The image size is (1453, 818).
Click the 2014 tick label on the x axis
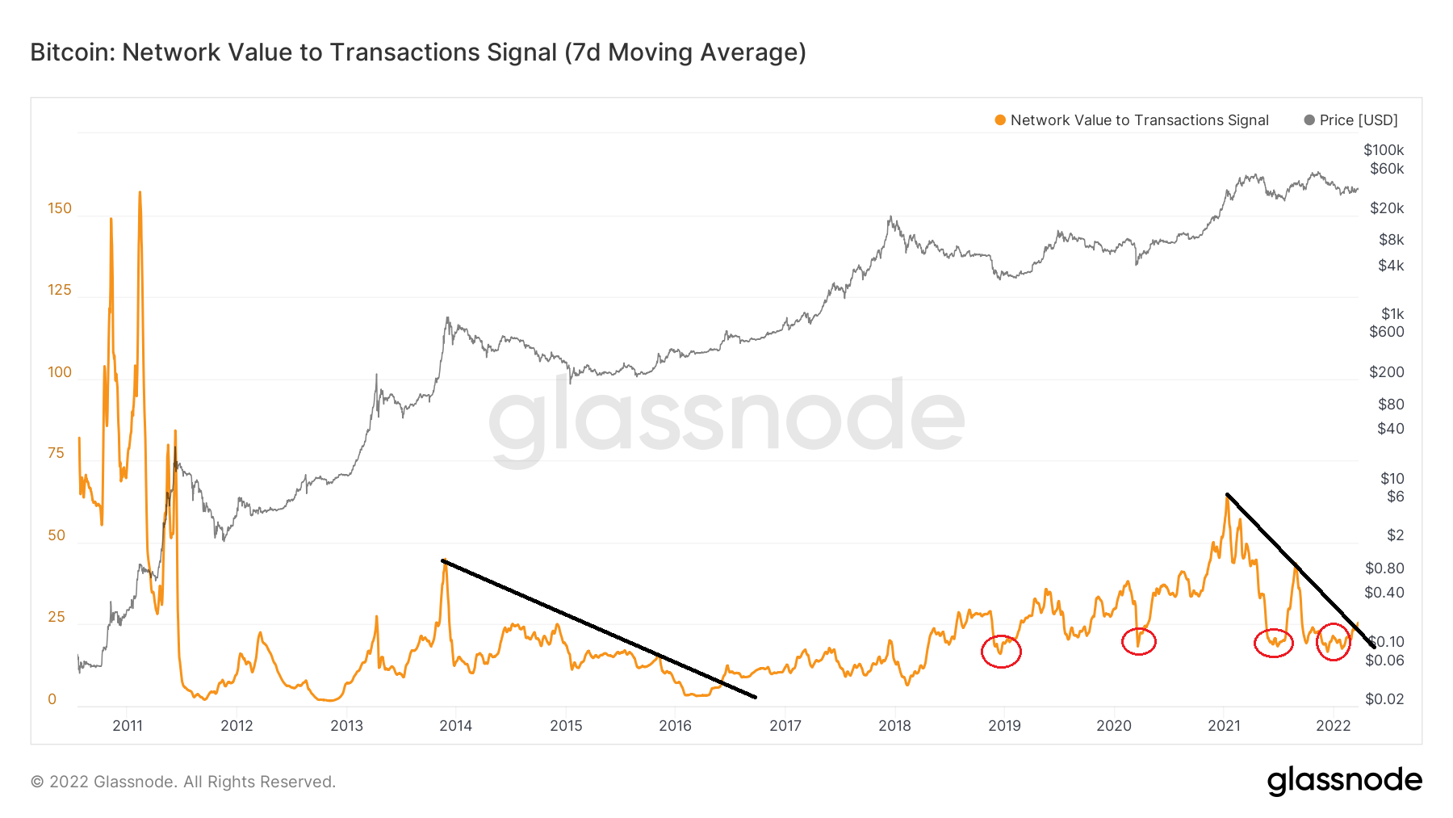[455, 725]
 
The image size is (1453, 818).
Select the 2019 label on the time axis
[1004, 725]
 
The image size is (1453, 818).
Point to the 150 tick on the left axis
[60, 208]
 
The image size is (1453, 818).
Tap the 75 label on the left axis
[56, 453]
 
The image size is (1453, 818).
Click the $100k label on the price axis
[1384, 150]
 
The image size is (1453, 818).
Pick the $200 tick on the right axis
[1387, 372]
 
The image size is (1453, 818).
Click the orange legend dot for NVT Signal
[1000, 120]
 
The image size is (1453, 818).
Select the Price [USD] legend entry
[1359, 120]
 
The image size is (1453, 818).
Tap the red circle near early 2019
[1001, 651]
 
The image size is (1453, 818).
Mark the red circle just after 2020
[1139, 641]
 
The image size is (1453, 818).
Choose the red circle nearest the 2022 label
[1334, 642]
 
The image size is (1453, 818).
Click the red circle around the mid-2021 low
[1274, 644]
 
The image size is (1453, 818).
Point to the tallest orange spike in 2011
[140, 193]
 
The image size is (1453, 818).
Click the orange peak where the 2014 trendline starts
[444, 560]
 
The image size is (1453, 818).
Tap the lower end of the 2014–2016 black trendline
[755, 697]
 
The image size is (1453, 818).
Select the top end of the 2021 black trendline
[1227, 494]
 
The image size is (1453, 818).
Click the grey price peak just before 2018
[890, 216]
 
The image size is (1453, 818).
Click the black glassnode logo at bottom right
[1344, 781]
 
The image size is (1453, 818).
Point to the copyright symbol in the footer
[36, 782]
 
